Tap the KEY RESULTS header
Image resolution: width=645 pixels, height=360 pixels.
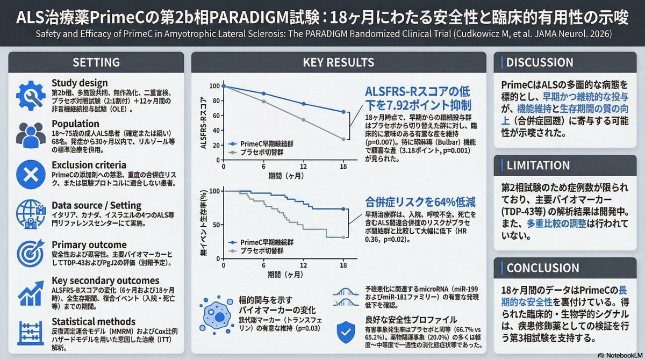click(x=339, y=62)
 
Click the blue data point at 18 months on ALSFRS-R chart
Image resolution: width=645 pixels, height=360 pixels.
click(x=343, y=112)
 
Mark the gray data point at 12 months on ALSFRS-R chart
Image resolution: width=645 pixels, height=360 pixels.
click(x=303, y=120)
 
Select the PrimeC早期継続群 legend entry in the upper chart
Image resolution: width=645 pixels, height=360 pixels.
click(x=258, y=144)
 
